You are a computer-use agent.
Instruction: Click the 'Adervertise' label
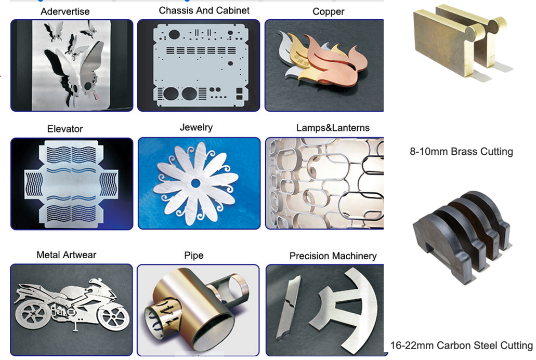click(65, 11)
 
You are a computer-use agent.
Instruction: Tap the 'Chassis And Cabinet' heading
click(204, 10)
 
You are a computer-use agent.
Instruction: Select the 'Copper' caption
click(328, 11)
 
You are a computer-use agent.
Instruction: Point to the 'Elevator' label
click(65, 129)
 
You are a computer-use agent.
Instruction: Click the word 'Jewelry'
click(196, 127)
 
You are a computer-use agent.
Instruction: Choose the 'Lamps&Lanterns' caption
click(333, 128)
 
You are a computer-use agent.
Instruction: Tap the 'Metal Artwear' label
click(66, 255)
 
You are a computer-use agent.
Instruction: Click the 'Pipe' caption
click(193, 256)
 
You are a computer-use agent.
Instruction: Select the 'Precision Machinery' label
click(333, 256)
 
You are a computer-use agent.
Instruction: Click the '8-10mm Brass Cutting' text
click(461, 152)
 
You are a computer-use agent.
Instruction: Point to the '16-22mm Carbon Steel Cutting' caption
click(462, 345)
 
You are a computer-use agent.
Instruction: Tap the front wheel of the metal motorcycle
click(111, 314)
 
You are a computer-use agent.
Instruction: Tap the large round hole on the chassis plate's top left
click(174, 35)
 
